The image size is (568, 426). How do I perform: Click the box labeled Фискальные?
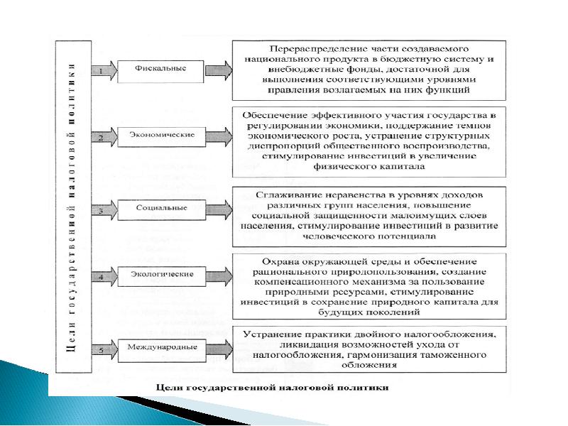pyautogui.click(x=161, y=70)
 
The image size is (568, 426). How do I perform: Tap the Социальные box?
pyautogui.click(x=161, y=208)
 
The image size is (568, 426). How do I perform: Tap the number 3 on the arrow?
pyautogui.click(x=102, y=210)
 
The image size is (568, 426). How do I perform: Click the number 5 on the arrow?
pyautogui.click(x=102, y=349)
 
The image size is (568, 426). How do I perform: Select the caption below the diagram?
pyautogui.click(x=273, y=388)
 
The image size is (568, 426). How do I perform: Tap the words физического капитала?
pyautogui.click(x=368, y=167)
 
